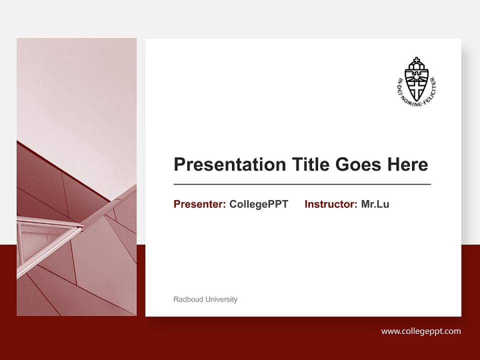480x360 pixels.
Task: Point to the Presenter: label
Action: (x=199, y=204)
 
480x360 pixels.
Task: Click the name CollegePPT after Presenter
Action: (x=258, y=204)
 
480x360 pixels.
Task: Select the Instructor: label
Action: (x=330, y=204)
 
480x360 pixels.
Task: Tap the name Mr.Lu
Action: (x=375, y=204)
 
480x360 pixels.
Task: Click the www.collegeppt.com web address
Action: (x=421, y=331)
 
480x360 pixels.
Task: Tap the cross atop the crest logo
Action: (x=417, y=61)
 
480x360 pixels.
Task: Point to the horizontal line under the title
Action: (x=302, y=184)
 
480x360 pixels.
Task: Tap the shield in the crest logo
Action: (x=417, y=85)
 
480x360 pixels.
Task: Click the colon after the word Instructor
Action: (x=356, y=204)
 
